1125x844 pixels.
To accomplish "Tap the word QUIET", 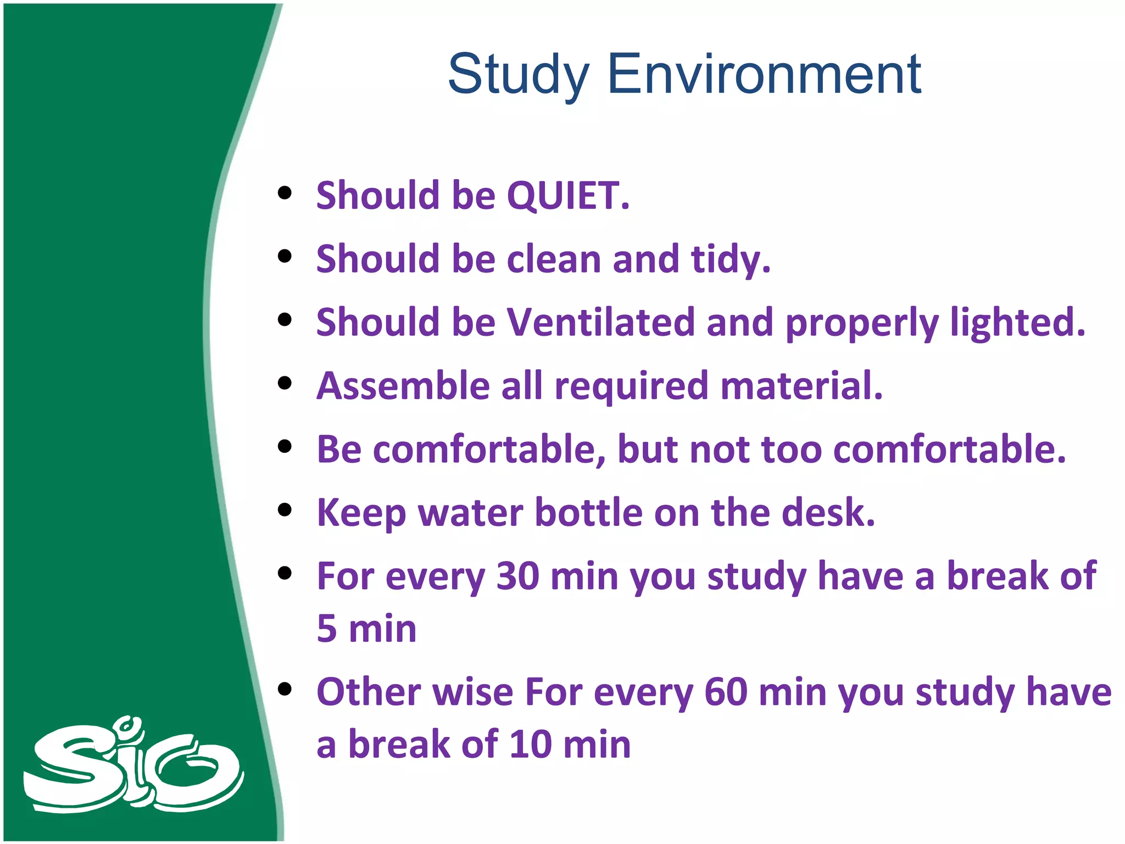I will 567,196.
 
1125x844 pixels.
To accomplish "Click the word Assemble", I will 403,386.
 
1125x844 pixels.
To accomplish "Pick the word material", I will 801,386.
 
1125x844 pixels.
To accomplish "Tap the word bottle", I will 588,513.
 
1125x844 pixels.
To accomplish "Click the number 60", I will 725,692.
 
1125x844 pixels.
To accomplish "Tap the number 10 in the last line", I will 530,745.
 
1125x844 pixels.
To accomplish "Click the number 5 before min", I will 327,629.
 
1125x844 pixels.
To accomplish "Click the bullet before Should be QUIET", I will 285,193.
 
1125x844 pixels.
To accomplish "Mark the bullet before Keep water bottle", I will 285,510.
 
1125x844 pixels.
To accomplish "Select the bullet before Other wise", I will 285,689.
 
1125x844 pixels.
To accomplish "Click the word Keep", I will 361,513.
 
